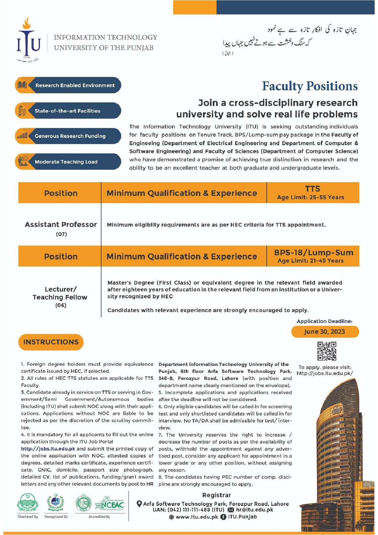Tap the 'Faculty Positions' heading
coord(310,86)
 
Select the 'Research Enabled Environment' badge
coord(68,85)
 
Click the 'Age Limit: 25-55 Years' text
coord(311,197)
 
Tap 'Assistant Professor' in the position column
coord(61,224)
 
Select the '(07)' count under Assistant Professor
coord(61,234)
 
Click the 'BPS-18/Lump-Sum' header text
coord(314,253)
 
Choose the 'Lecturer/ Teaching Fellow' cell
coord(60,293)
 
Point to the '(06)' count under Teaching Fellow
coord(61,305)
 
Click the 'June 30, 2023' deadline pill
coord(325,332)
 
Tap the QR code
coord(327,351)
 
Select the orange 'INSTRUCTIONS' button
coord(51,342)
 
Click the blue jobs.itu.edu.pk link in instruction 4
coord(48,449)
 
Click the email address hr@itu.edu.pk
coord(255,510)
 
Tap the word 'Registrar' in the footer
coord(216,495)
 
